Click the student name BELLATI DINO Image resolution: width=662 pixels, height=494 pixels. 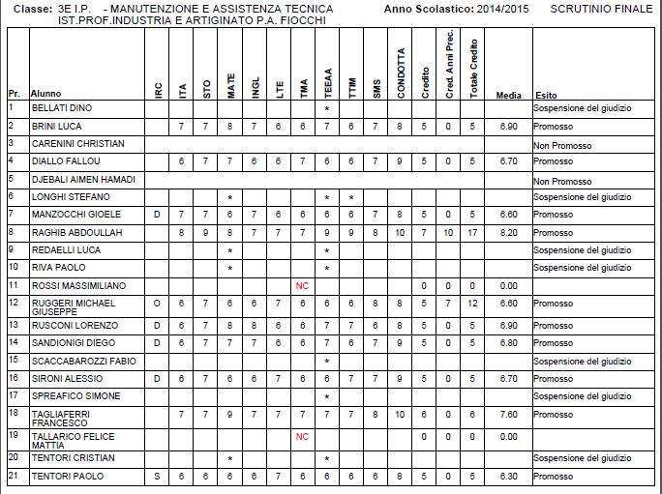coord(62,108)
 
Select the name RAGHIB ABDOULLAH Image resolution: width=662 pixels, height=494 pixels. coord(74,232)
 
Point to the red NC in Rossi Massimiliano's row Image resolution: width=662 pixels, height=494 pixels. coord(302,285)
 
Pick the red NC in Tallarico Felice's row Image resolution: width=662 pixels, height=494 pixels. coord(302,436)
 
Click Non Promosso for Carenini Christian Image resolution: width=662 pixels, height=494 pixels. coord(559,143)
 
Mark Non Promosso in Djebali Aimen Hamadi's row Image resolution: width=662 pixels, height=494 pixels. coord(559,180)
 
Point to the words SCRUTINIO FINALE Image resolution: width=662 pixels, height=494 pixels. coord(601,8)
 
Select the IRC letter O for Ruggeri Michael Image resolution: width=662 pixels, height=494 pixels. coord(157,303)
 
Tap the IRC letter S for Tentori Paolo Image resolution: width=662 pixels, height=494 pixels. coord(157,476)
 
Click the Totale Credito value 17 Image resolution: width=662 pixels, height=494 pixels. coord(472,232)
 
